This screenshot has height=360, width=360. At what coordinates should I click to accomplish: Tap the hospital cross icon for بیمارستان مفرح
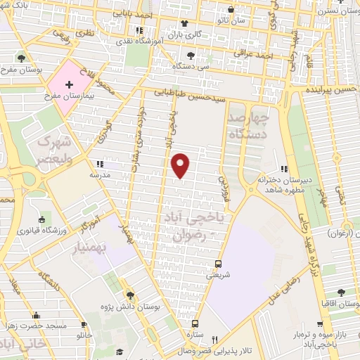[x=68, y=84]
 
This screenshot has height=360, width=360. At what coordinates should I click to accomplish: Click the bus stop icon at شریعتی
[x=219, y=265]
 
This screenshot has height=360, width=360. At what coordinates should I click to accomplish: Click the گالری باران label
[x=184, y=33]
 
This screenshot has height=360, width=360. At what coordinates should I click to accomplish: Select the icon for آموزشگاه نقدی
[x=139, y=30]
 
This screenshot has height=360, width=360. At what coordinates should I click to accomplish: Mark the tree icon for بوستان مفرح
[x=22, y=58]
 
